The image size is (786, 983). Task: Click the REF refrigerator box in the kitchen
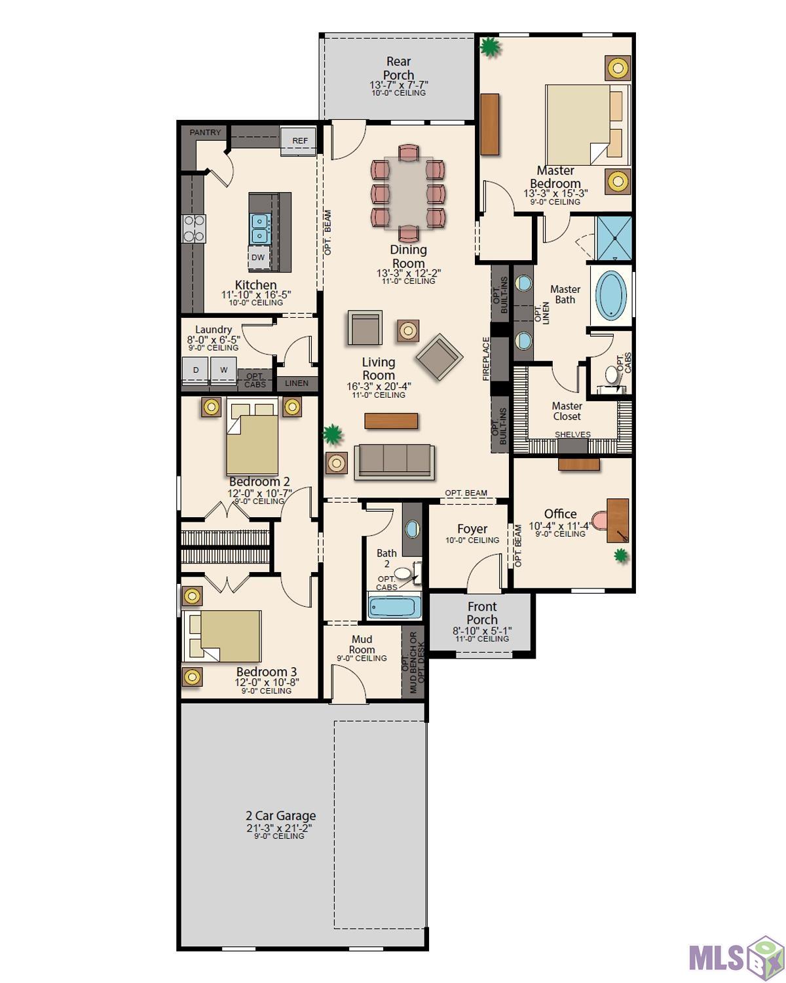(299, 141)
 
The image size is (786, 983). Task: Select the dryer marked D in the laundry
(195, 370)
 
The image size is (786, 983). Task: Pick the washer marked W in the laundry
(223, 370)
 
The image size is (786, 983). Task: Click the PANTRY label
(205, 132)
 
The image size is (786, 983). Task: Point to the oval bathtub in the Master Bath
(612, 295)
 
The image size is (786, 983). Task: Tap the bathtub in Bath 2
(394, 606)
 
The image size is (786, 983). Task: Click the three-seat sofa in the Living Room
(394, 461)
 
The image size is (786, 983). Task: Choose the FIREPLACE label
(486, 358)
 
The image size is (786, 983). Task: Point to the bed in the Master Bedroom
(588, 125)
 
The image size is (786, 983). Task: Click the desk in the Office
(618, 520)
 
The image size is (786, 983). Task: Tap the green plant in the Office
(620, 556)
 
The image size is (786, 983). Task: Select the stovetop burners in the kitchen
(194, 229)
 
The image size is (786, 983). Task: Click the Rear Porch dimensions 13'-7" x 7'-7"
(399, 85)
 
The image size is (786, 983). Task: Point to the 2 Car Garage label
(281, 815)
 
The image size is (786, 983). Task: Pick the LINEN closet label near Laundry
(297, 383)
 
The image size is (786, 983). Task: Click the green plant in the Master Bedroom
(489, 47)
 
